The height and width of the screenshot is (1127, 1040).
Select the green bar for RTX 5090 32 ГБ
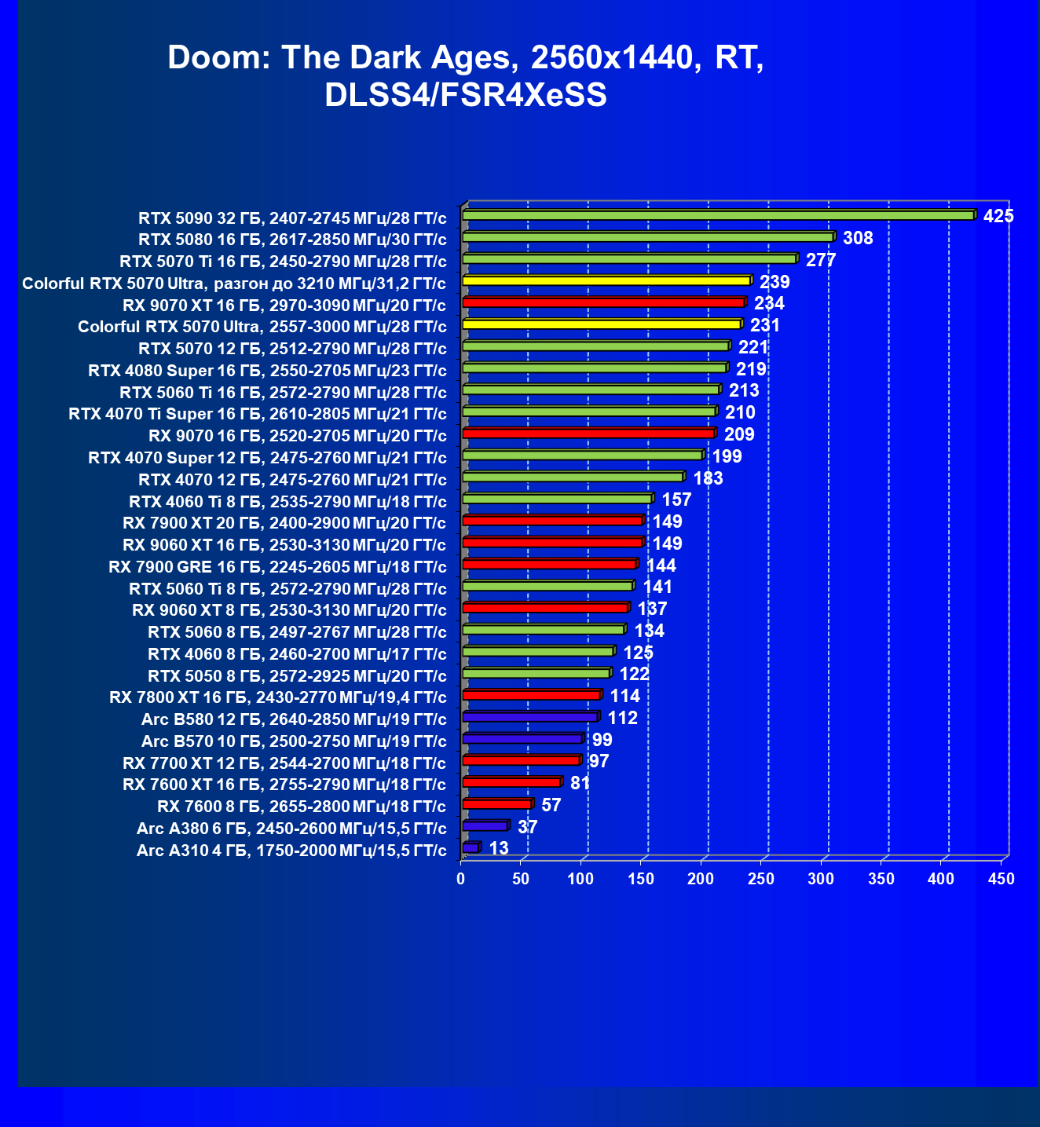click(718, 215)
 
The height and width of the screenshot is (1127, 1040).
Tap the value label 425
click(998, 216)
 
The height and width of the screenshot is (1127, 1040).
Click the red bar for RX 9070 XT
click(603, 302)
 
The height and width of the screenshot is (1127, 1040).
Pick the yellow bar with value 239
click(606, 280)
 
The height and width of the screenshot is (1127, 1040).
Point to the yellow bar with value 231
click(602, 324)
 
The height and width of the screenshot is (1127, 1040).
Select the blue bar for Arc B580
click(530, 717)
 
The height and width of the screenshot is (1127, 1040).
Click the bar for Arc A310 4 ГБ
click(471, 847)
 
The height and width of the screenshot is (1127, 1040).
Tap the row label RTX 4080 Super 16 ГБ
click(267, 371)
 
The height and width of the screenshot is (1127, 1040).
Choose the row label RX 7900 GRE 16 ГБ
click(277, 567)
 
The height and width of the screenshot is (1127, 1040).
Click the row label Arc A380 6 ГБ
click(291, 829)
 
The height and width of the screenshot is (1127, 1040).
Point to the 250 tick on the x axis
click(761, 879)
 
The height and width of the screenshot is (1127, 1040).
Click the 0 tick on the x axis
click(461, 879)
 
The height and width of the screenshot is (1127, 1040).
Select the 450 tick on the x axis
click(1002, 879)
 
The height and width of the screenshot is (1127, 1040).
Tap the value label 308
click(858, 238)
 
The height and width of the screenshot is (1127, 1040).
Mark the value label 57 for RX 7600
click(551, 805)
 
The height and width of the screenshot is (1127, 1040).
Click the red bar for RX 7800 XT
click(531, 695)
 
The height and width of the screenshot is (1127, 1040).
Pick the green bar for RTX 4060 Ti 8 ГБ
click(557, 499)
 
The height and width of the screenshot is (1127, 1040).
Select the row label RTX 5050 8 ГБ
click(297, 676)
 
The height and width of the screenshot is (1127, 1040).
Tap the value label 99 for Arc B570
click(602, 740)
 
